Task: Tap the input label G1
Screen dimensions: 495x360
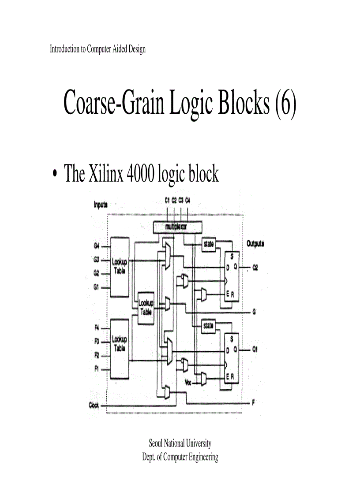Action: (96, 287)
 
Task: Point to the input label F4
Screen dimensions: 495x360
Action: (96, 328)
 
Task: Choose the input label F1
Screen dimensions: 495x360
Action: (96, 368)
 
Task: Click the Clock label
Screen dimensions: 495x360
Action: (94, 405)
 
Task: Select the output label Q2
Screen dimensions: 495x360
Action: (255, 268)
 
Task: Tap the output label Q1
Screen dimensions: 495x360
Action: (255, 350)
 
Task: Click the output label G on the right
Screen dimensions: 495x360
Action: (254, 313)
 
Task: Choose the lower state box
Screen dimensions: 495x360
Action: (208, 326)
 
